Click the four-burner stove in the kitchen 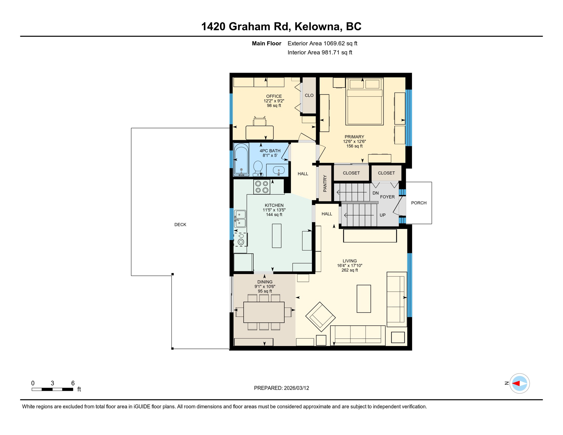pyautogui.click(x=262, y=187)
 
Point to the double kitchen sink pyautogui.click(x=240, y=219)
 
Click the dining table pyautogui.click(x=264, y=312)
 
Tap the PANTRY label pyautogui.click(x=325, y=184)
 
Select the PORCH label pyautogui.click(x=419, y=203)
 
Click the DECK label pyautogui.click(x=180, y=225)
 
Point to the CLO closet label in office pyautogui.click(x=309, y=95)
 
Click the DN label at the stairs pyautogui.click(x=375, y=193)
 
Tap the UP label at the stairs pyautogui.click(x=382, y=215)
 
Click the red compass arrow pyautogui.click(x=516, y=383)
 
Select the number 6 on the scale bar pyautogui.click(x=73, y=383)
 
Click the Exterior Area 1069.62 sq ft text pyautogui.click(x=322, y=43)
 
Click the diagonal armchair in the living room pyautogui.click(x=320, y=317)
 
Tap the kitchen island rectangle pyautogui.click(x=276, y=236)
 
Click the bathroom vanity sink pyautogui.click(x=278, y=170)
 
